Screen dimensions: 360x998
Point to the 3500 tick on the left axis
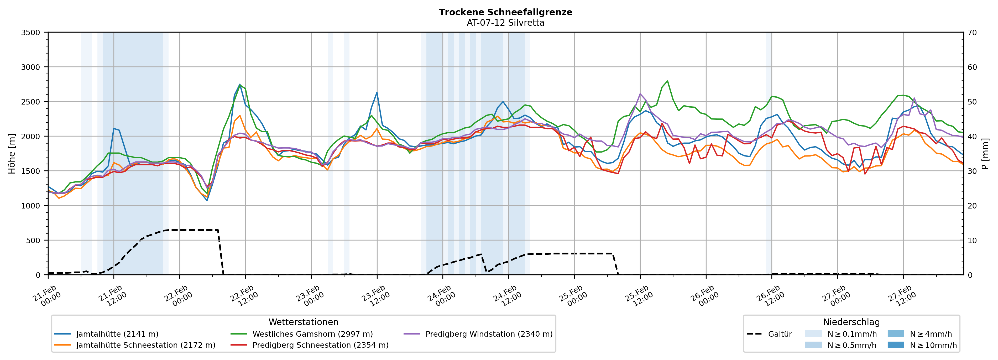click(x=31, y=33)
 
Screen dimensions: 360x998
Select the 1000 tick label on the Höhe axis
click(x=31, y=206)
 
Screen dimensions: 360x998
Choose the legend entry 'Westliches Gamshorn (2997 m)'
click(x=312, y=334)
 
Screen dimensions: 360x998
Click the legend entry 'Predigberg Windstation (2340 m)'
click(x=489, y=334)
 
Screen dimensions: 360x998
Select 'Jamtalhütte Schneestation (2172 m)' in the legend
click(x=145, y=345)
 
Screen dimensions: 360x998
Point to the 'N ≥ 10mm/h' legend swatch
click(x=895, y=345)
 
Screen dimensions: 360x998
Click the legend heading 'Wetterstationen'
click(x=303, y=322)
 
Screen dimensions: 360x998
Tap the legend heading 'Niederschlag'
click(x=851, y=322)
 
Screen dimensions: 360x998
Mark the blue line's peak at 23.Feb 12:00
click(x=377, y=93)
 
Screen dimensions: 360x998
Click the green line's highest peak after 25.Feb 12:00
click(x=667, y=81)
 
